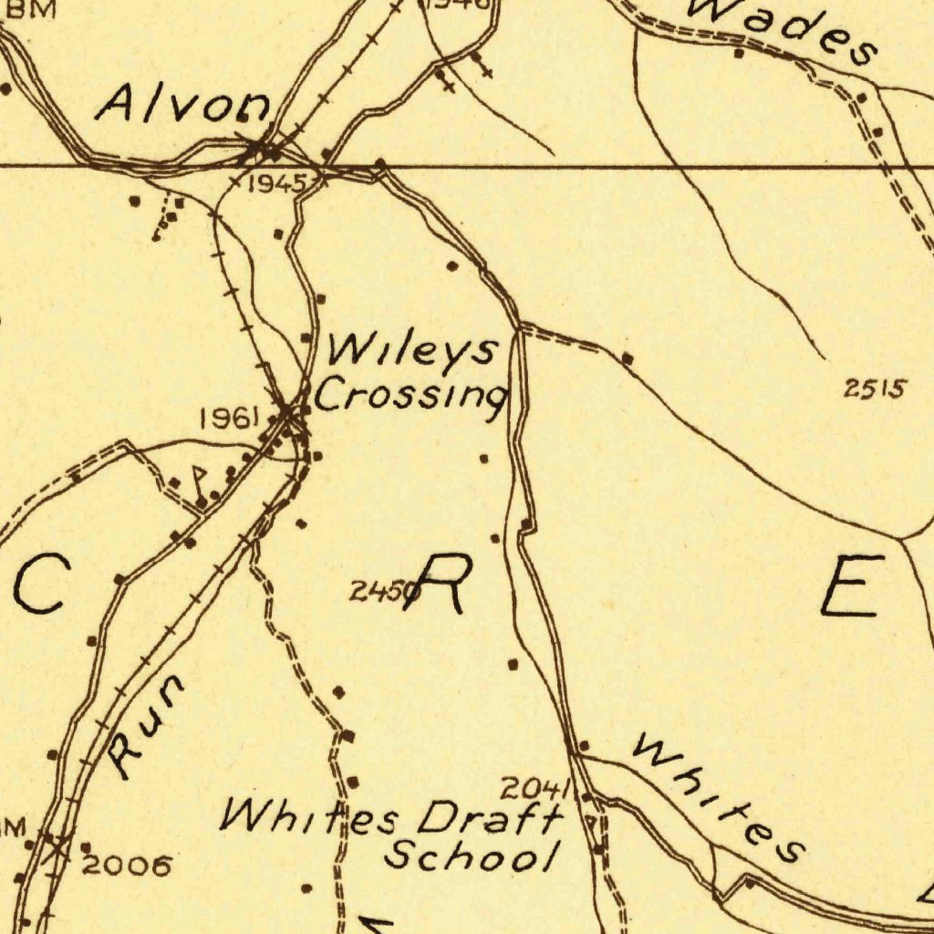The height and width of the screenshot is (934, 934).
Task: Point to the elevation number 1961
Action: pyautogui.click(x=229, y=419)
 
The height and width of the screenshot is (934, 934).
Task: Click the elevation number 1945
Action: pyautogui.click(x=275, y=184)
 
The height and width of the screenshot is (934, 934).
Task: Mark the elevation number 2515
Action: pyautogui.click(x=875, y=389)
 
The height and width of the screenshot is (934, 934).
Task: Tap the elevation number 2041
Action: pyautogui.click(x=535, y=788)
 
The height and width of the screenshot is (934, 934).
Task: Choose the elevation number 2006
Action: pyautogui.click(x=127, y=865)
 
